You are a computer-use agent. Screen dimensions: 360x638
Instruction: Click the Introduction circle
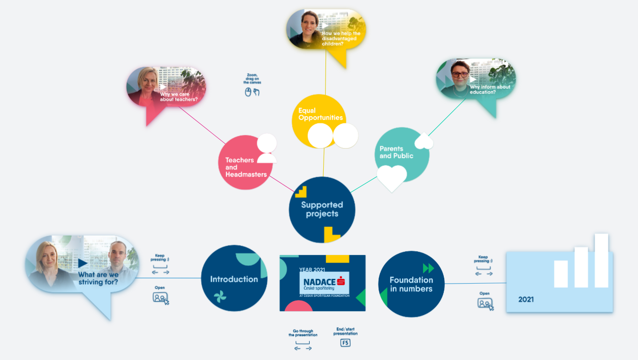(234, 278)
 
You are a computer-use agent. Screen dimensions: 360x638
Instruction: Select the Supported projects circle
(322, 209)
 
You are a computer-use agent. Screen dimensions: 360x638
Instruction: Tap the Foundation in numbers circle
(411, 284)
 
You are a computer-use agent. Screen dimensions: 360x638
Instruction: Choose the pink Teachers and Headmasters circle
(244, 164)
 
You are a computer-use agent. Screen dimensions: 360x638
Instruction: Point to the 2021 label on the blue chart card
(525, 299)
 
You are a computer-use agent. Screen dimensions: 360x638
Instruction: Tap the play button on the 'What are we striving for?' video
(83, 263)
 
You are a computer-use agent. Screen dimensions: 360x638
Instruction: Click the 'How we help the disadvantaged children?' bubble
(326, 31)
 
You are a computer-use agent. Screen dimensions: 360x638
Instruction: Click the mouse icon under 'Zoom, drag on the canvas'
(248, 92)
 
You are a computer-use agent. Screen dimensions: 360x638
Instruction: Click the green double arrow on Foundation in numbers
(428, 268)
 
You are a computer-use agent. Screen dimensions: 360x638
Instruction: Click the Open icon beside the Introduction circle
(160, 298)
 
